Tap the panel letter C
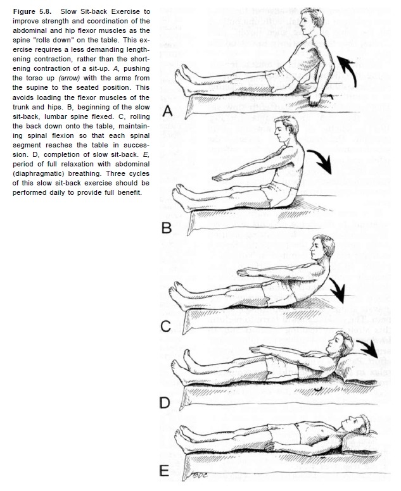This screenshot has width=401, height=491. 166,326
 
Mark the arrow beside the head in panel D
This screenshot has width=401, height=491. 367,346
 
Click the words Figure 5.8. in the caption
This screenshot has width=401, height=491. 32,12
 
